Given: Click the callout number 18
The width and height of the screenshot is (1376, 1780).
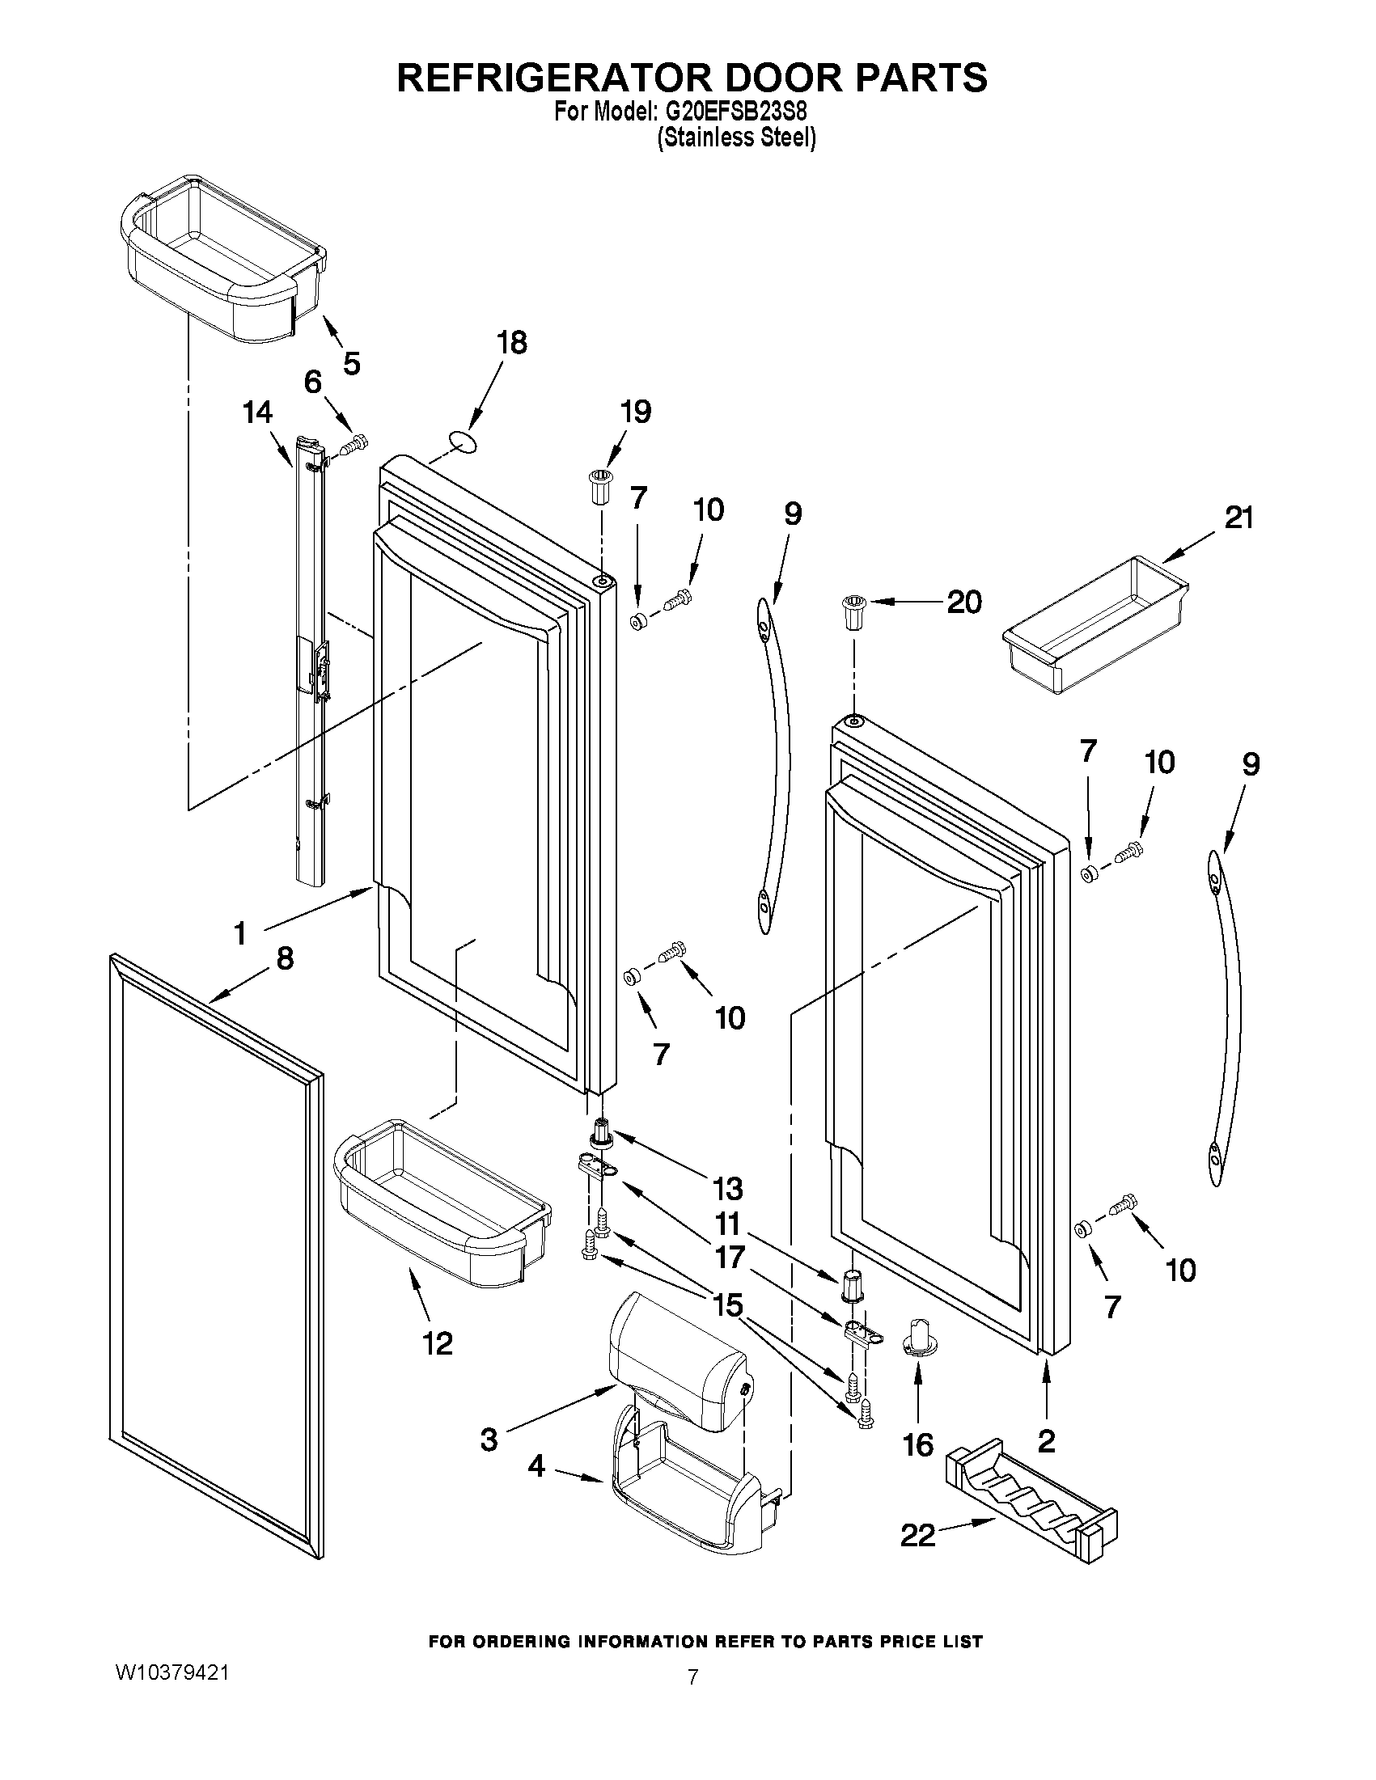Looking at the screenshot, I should coord(512,343).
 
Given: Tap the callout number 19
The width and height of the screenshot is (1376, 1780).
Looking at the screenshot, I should coord(636,412).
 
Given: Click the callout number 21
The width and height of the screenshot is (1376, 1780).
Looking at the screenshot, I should coord(1238,518).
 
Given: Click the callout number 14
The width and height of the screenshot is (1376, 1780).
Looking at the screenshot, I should coord(257,413).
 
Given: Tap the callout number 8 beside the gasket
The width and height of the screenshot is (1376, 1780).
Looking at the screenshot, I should coord(285,958).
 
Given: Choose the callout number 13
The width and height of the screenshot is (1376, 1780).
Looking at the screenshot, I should coord(728,1188).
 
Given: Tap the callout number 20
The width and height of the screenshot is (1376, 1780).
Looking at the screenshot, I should coord(963,602).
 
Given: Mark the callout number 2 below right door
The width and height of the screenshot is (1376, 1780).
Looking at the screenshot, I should coord(1047,1441).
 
